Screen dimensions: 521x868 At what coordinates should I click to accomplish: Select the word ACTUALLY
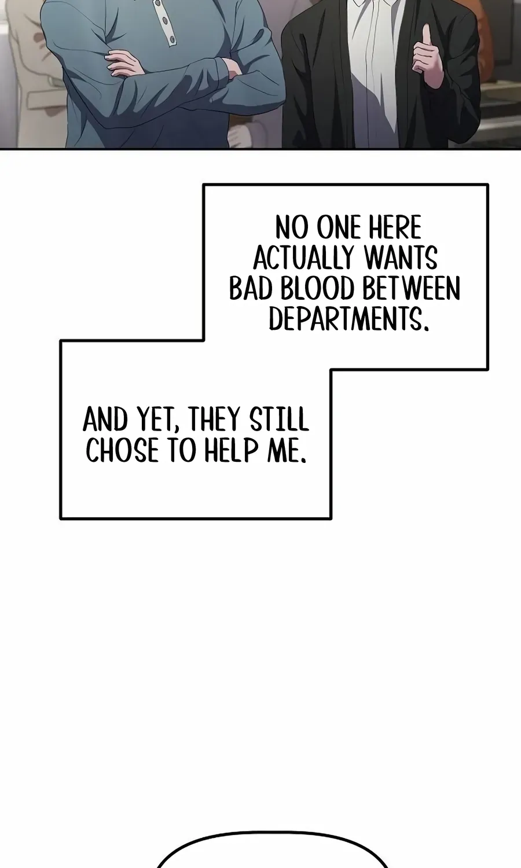point(303,258)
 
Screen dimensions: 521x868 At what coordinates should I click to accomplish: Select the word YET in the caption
point(156,420)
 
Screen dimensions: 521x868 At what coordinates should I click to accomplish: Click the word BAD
point(252,288)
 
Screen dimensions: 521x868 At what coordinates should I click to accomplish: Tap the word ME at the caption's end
point(287,451)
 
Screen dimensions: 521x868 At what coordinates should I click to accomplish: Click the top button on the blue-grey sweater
point(158,3)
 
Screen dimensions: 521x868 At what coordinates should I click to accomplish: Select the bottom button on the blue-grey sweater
point(171,39)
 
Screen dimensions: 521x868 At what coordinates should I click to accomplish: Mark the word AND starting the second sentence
point(105,420)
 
